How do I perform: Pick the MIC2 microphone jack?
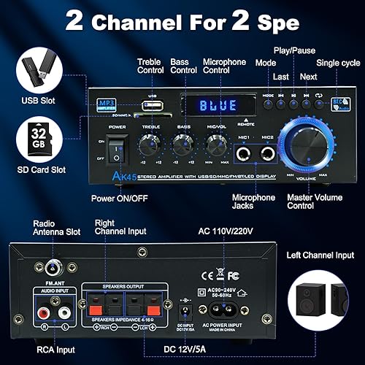click(x=268, y=151)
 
